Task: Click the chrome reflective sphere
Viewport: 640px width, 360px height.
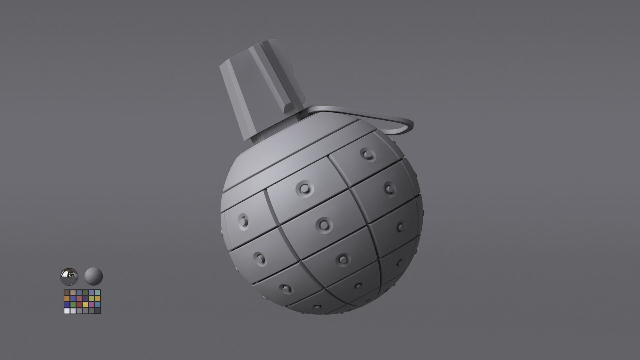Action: [69, 276]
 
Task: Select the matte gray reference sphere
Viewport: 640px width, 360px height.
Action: [94, 276]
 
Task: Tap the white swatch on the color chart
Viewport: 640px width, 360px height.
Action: [67, 311]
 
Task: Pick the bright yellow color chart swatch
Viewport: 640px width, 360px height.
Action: [85, 305]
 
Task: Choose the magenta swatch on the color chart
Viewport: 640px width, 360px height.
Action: [91, 305]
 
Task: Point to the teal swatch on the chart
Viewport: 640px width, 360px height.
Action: [97, 293]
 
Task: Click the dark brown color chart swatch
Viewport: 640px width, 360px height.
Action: [67, 293]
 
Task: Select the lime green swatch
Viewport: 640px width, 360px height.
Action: [91, 299]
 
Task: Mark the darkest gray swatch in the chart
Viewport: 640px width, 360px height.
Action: [97, 311]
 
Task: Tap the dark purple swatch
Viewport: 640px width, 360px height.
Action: [85, 299]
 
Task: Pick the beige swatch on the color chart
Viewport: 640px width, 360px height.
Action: [73, 293]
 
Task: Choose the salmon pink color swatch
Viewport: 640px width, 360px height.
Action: [79, 299]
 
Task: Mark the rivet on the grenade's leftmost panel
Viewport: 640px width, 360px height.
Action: [244, 220]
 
